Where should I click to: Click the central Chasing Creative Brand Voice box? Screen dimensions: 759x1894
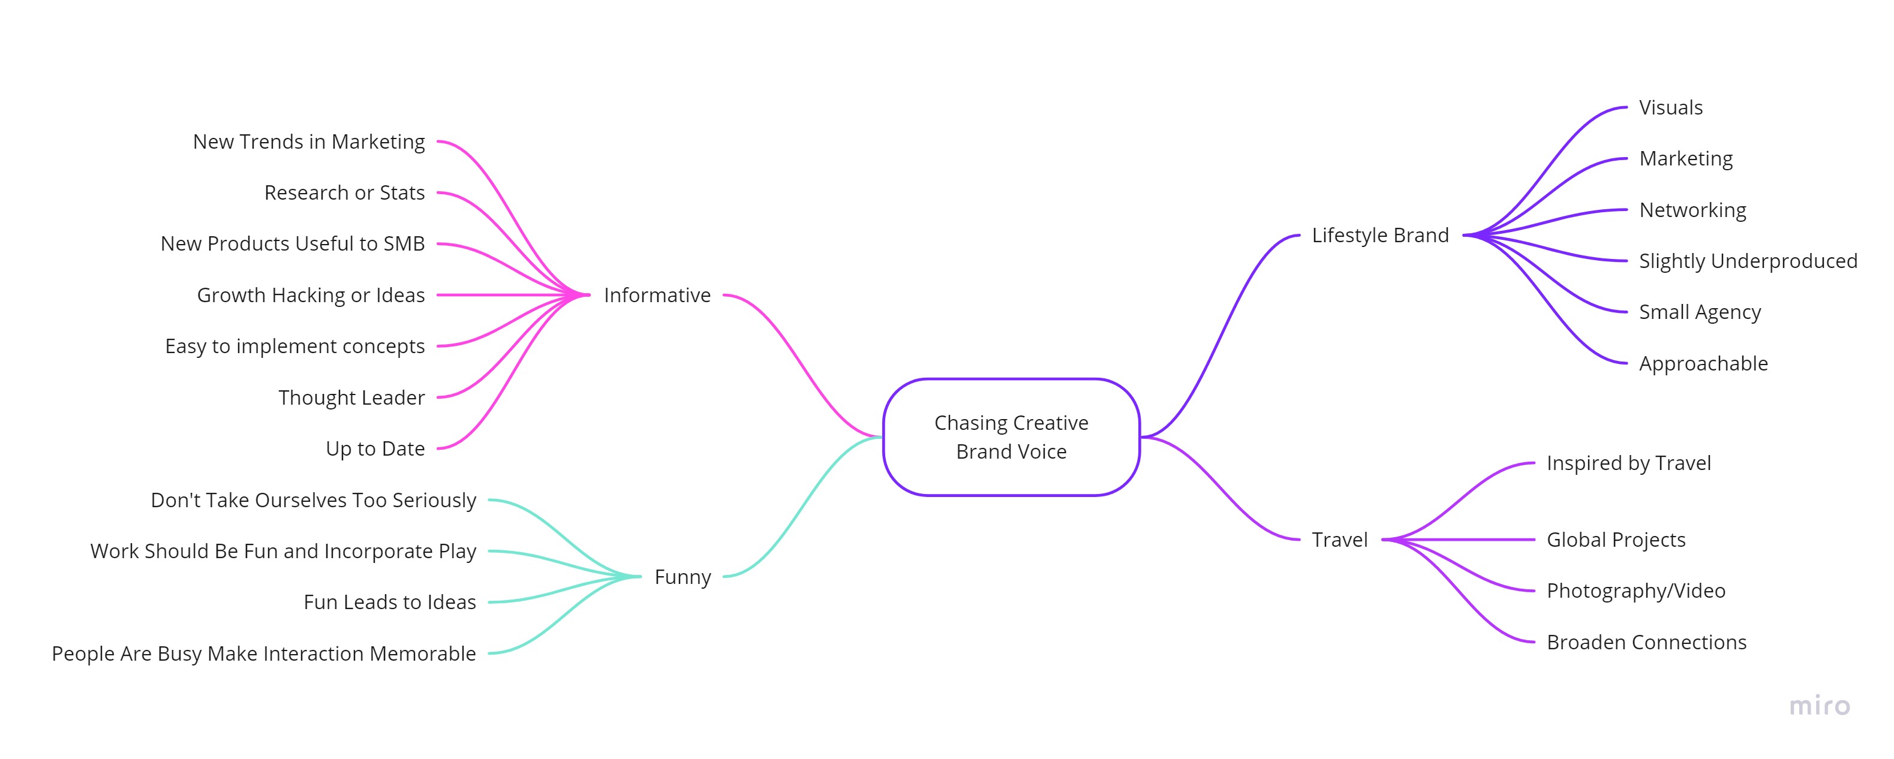(1011, 437)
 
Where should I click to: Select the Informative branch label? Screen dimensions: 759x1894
(657, 296)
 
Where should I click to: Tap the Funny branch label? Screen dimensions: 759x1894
(683, 577)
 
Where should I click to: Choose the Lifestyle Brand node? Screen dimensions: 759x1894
(1380, 236)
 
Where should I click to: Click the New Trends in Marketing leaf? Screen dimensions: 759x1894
(309, 142)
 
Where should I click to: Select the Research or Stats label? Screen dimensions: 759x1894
(344, 193)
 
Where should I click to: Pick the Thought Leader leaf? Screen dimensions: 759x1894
(351, 398)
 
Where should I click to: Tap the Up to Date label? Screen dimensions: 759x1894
(375, 449)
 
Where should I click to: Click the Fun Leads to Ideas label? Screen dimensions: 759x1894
(390, 603)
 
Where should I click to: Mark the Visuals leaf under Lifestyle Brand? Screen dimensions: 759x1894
(1670, 108)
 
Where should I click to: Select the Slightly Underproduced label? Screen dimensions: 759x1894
(1748, 261)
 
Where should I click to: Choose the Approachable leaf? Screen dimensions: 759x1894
(1703, 364)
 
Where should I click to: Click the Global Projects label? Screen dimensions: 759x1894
(1615, 540)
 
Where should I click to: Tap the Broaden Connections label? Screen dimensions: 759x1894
(1646, 643)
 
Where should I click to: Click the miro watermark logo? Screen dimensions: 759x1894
(1819, 706)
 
